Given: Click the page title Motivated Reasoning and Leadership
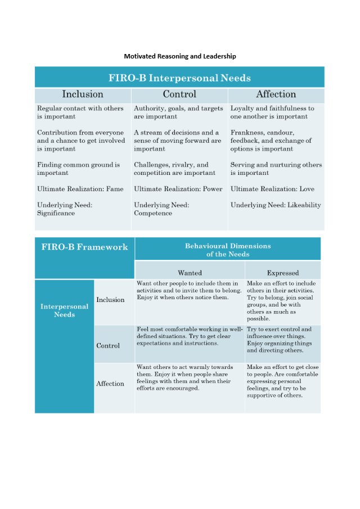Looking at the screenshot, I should pyautogui.click(x=180, y=56).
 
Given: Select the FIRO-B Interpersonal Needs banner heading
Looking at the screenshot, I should pyautogui.click(x=179, y=78).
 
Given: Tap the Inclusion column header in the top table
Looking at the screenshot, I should pyautogui.click(x=83, y=94).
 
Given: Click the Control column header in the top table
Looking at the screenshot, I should pyautogui.click(x=179, y=94).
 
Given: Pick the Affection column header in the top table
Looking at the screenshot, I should pyautogui.click(x=276, y=94).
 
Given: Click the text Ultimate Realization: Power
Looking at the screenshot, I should pyautogui.click(x=178, y=189).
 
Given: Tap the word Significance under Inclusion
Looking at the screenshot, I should pyautogui.click(x=56, y=213).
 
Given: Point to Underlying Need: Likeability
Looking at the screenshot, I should pyautogui.click(x=276, y=205).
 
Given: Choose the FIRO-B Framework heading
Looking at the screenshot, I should pyautogui.click(x=84, y=247).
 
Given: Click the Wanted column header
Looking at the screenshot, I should pyautogui.click(x=190, y=272).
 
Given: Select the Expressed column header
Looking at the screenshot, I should pyautogui.click(x=283, y=272).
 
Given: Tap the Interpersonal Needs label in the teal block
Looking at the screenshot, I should pyautogui.click(x=64, y=310).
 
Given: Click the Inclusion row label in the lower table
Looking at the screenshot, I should pyautogui.click(x=110, y=300).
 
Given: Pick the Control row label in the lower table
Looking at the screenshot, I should pyautogui.click(x=108, y=345).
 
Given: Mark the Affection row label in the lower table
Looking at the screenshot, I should pyautogui.click(x=110, y=384).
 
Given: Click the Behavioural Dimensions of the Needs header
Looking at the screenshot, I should pyautogui.click(x=228, y=250).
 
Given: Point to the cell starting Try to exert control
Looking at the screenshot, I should pyautogui.click(x=282, y=340).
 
